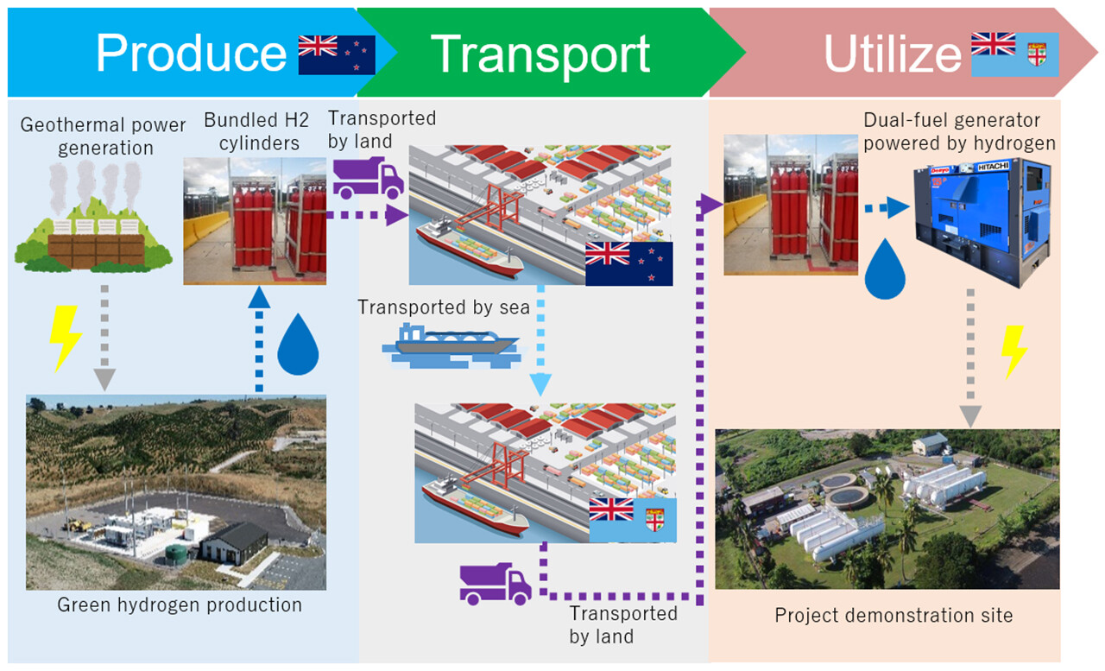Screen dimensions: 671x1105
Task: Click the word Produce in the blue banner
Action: (191, 53)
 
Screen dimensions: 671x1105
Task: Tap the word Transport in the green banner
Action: (540, 53)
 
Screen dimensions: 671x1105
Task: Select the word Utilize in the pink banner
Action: (892, 54)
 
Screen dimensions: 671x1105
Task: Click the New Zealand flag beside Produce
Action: (337, 54)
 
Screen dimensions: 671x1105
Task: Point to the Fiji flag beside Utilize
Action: (1014, 54)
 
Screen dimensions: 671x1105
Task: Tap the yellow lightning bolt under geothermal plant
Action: (66, 338)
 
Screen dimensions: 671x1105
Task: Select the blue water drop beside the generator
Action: (884, 269)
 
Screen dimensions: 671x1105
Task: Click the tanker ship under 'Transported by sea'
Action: (451, 345)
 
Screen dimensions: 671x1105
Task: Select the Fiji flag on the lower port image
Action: (633, 520)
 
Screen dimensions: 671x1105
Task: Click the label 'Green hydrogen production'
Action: (180, 605)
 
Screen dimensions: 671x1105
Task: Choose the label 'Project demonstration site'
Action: (893, 615)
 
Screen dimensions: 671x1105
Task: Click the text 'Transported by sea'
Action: (444, 307)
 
